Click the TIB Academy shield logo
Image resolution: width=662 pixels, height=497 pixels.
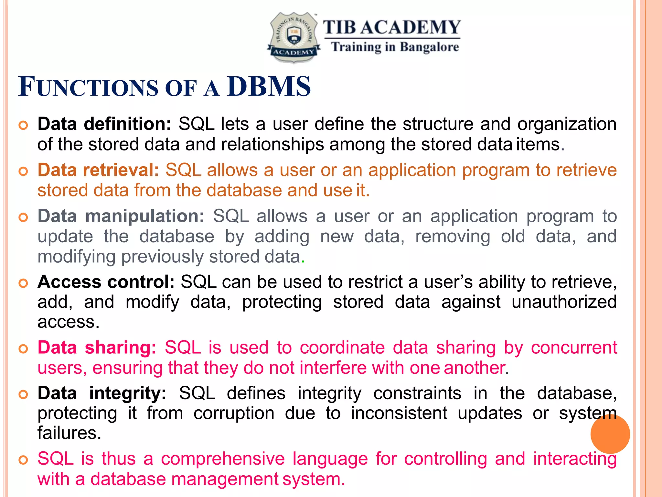tap(294, 37)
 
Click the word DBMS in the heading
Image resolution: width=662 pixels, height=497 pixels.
tap(269, 87)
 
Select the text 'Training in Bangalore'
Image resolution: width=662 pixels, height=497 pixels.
tap(395, 47)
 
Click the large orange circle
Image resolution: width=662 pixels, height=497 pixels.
tap(610, 434)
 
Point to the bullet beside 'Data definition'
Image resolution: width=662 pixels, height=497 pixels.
tap(23, 125)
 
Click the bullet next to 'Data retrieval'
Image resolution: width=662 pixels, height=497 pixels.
tap(23, 171)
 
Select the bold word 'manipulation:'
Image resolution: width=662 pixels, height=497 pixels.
tap(144, 216)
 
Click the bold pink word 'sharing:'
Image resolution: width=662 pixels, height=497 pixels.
tap(120, 348)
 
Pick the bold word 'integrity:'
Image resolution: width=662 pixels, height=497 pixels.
tap(128, 393)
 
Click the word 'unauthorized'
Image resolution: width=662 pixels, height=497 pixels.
tap(564, 302)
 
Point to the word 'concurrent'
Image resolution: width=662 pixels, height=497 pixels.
tap(574, 348)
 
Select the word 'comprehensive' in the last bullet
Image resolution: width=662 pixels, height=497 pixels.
tap(223, 459)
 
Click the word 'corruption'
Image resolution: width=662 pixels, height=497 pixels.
tap(234, 413)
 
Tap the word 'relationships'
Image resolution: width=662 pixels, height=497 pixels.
tap(272, 144)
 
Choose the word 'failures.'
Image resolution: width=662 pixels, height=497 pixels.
tap(69, 433)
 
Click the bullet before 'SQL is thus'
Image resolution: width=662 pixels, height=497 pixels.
tap(23, 460)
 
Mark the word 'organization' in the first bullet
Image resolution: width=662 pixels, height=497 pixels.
tap(567, 124)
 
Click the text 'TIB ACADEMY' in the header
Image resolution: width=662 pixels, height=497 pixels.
tap(392, 27)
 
